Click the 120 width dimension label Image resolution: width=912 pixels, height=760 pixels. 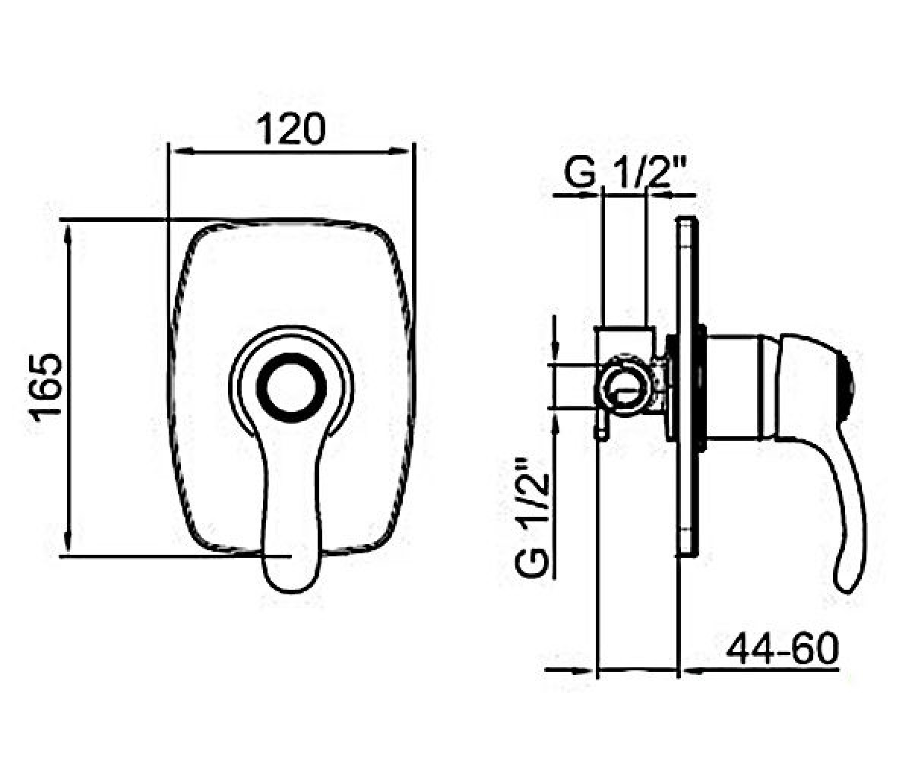(290, 129)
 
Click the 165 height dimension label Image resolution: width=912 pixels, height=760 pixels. (46, 387)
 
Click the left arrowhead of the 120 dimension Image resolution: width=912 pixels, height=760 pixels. (183, 151)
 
